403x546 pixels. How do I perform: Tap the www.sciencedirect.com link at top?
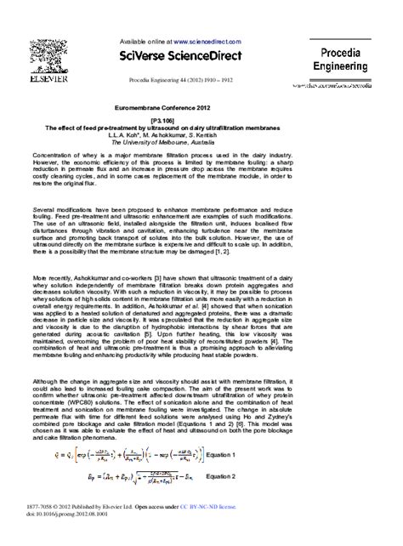coord(207,39)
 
